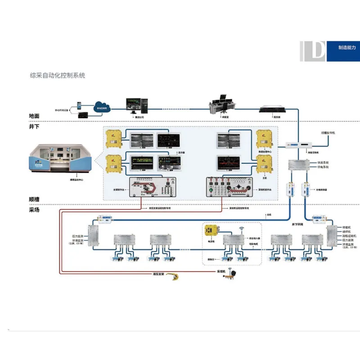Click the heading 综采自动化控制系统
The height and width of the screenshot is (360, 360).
pos(57,76)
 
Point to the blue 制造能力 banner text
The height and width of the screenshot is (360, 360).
pos(347,47)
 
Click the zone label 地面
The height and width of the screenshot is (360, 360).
pos(34,116)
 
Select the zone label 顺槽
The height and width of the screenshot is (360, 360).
pos(34,199)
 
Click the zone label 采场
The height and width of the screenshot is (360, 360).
pos(34,210)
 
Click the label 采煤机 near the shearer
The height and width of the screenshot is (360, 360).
pos(221,271)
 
